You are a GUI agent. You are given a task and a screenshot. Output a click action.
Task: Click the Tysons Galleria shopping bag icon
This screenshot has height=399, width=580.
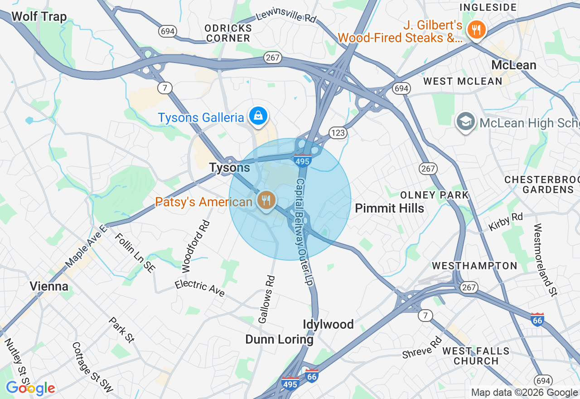pyautogui.click(x=257, y=116)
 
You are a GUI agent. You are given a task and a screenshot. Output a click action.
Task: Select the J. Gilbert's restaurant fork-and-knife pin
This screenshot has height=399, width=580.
pyautogui.click(x=475, y=30)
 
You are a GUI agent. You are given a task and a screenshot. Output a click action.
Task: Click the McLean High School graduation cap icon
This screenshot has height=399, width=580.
pyautogui.click(x=465, y=122)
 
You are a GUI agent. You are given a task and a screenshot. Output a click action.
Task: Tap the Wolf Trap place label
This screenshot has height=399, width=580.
pyautogui.click(x=39, y=17)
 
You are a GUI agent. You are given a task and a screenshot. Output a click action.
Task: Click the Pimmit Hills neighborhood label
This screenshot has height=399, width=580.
pyautogui.click(x=389, y=208)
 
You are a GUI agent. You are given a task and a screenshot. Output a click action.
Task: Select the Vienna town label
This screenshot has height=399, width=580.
pyautogui.click(x=49, y=286)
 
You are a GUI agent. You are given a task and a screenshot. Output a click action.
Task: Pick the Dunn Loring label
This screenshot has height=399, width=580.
pyautogui.click(x=279, y=339)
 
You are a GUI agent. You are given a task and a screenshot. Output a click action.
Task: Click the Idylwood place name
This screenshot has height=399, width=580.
pyautogui.click(x=328, y=324)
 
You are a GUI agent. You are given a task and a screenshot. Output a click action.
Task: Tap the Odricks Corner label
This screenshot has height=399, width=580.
pyautogui.click(x=227, y=33)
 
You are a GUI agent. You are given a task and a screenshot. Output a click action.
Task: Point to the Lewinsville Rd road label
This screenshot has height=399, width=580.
pyautogui.click(x=286, y=17)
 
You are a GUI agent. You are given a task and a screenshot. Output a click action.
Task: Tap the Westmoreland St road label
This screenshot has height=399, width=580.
pyautogui.click(x=545, y=259)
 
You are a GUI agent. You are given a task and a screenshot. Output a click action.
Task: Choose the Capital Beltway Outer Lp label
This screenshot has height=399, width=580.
pyautogui.click(x=304, y=231)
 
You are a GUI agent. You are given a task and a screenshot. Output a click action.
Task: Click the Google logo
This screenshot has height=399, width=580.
pyautogui.click(x=30, y=388)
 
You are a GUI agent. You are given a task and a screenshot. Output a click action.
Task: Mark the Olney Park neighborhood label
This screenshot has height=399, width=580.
pyautogui.click(x=434, y=195)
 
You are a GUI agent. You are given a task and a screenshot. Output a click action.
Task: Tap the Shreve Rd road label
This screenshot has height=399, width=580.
pyautogui.click(x=422, y=347)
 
